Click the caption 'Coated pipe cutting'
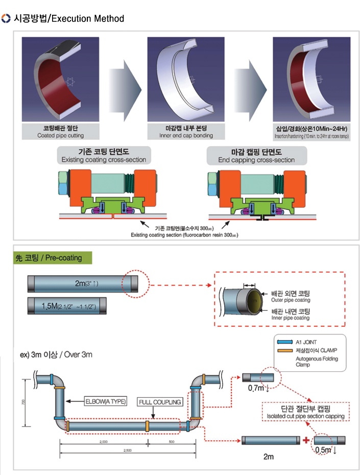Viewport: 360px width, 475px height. [x=60, y=136]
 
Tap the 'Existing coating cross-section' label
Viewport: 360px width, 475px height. [x=104, y=160]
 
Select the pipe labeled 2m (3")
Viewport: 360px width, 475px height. [x=82, y=283]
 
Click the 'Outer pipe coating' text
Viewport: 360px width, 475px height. [x=289, y=300]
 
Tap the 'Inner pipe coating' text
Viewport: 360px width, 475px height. [x=290, y=318]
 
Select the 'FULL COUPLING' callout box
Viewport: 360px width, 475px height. [x=160, y=402]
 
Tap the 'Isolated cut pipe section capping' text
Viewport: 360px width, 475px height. [x=305, y=416]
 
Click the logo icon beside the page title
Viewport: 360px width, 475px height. [x=6, y=19]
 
